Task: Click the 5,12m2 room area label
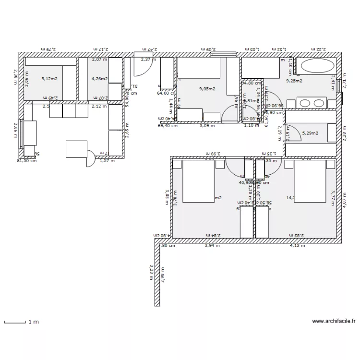(49, 79)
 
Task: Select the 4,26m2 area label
(99, 79)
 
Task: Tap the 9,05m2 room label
(207, 89)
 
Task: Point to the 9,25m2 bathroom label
(294, 81)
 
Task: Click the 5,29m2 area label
(310, 133)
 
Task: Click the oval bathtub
(316, 66)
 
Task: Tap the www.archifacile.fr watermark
(334, 321)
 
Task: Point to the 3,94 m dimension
(212, 246)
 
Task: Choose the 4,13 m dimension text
(298, 246)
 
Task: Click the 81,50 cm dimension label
(26, 161)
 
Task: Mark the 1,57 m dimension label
(107, 161)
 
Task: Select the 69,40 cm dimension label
(168, 126)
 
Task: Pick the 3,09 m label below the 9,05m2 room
(207, 126)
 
